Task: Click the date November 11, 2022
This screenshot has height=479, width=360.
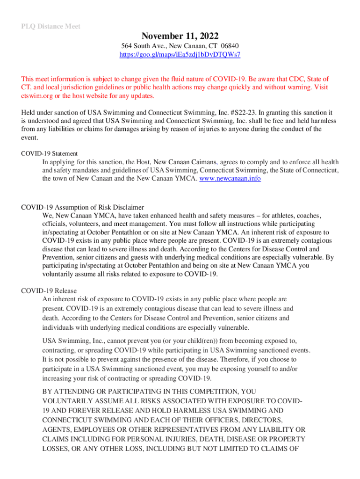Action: pos(180,36)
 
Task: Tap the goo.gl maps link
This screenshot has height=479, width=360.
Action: pos(180,55)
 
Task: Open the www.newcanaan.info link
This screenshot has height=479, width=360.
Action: pos(230,179)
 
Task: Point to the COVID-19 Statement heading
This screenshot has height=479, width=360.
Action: pos(49,153)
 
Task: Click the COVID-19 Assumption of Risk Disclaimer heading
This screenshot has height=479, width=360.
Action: pos(82,207)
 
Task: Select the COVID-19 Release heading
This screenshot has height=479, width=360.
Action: pos(49,291)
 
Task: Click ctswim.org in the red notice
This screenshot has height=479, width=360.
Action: pos(37,96)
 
